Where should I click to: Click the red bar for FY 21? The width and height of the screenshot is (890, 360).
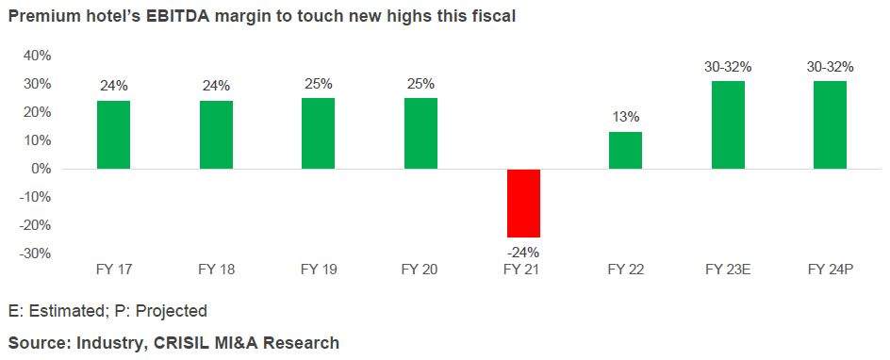click(x=523, y=203)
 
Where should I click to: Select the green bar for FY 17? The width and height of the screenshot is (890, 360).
click(x=113, y=135)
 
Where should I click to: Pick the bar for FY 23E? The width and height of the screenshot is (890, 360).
click(x=728, y=124)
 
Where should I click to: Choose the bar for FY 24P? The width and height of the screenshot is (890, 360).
click(x=830, y=124)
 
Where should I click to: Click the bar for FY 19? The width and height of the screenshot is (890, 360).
click(x=318, y=133)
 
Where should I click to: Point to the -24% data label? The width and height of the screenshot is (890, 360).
click(x=523, y=252)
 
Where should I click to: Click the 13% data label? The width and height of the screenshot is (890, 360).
click(x=625, y=117)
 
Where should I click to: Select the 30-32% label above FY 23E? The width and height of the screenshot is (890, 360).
click(x=728, y=67)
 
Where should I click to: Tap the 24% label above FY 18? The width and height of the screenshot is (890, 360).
click(x=216, y=86)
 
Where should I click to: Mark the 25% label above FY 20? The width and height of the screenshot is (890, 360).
click(x=420, y=84)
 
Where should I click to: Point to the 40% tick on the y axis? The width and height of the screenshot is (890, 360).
click(x=37, y=56)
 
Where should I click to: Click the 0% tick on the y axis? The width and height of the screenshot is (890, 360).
click(x=41, y=169)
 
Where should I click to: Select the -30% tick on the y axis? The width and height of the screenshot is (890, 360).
click(x=35, y=254)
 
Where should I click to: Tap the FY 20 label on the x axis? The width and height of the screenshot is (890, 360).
click(x=420, y=270)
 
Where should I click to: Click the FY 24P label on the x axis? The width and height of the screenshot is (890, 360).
click(x=830, y=270)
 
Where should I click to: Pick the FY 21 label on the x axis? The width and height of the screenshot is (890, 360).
click(x=523, y=270)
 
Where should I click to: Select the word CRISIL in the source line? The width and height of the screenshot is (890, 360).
click(x=176, y=342)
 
